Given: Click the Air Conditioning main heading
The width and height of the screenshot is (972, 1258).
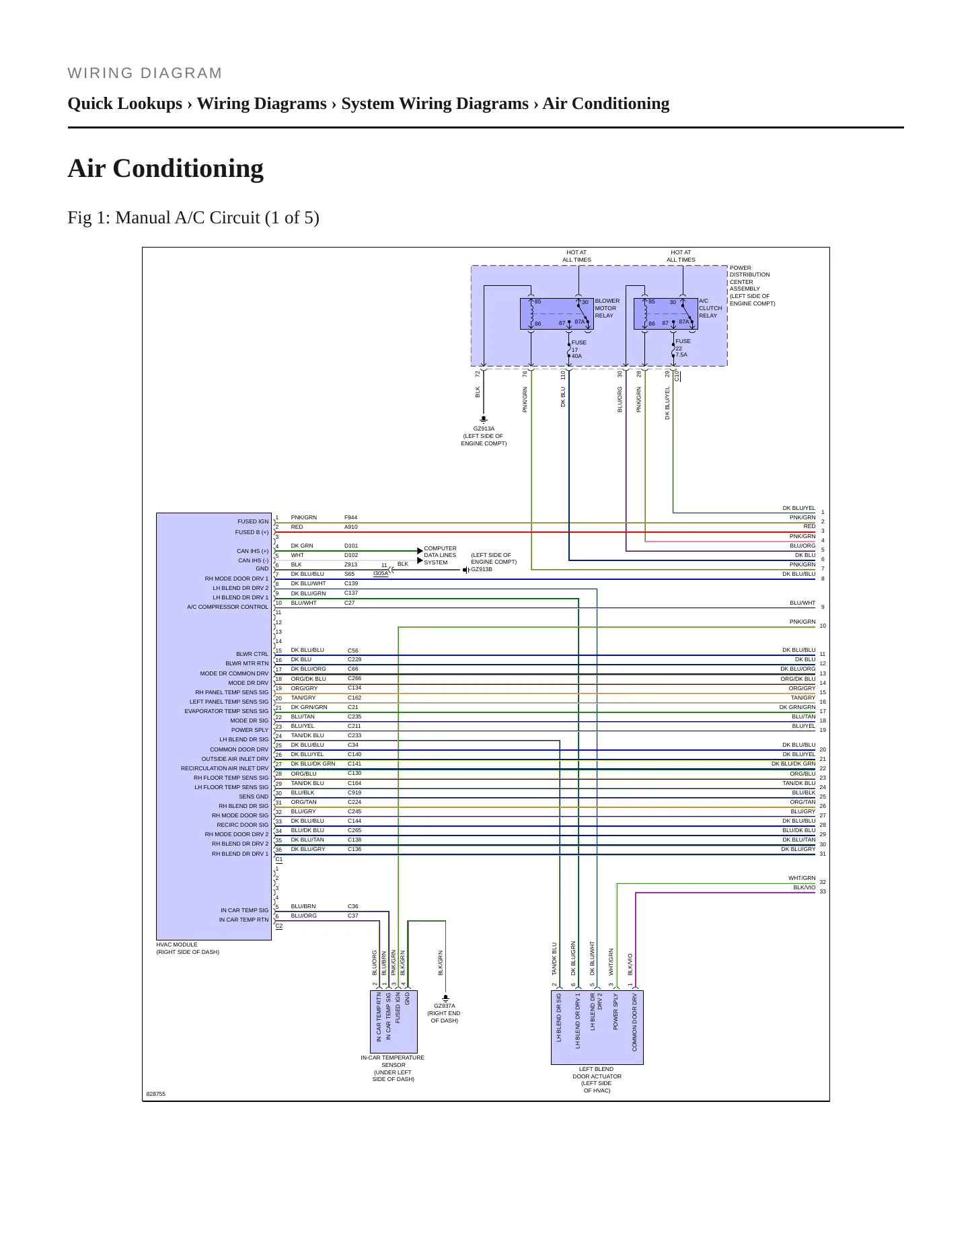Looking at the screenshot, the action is click(165, 168).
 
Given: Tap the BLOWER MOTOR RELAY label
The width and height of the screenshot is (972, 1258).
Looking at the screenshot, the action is click(607, 308).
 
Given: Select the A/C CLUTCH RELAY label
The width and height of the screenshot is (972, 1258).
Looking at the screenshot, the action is click(710, 308).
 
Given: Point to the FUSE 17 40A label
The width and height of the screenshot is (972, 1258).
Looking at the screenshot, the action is click(578, 349).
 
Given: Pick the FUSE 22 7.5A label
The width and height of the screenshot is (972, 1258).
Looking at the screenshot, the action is click(683, 348).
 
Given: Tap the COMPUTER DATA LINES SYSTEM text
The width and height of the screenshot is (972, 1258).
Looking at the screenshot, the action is click(440, 556).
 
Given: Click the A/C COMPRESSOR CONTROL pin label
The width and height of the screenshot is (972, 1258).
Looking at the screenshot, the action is click(227, 607).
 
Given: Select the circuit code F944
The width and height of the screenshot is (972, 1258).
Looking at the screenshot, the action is click(350, 518).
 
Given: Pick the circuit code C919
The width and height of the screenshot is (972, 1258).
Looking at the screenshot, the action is click(354, 792).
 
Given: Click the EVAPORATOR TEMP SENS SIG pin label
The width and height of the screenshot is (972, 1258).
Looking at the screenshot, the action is click(226, 711).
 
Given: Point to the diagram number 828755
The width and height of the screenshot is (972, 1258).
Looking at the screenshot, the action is click(156, 1094).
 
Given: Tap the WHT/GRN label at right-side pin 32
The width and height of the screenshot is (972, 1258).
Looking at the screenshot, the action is click(802, 878).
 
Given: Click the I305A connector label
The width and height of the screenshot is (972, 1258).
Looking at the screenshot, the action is click(381, 574).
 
